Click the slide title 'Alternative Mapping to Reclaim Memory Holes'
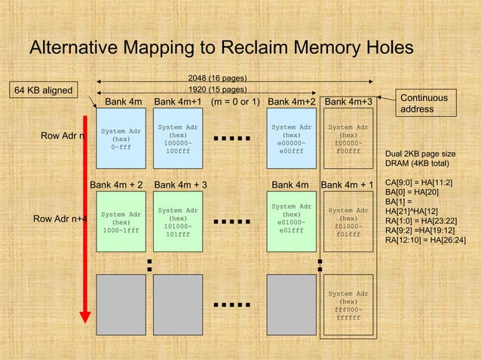pos(221,48)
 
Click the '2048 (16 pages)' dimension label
pos(217,78)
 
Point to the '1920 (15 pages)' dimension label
pos(217,90)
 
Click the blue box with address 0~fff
pos(121,139)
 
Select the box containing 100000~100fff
pos(177,139)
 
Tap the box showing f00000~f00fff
pos(348,139)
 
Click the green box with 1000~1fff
pos(121,223)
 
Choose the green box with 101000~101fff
pos(177,223)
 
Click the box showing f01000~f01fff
pos(348,223)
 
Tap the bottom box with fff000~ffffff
pos(348,306)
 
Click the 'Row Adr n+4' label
pos(60,219)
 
